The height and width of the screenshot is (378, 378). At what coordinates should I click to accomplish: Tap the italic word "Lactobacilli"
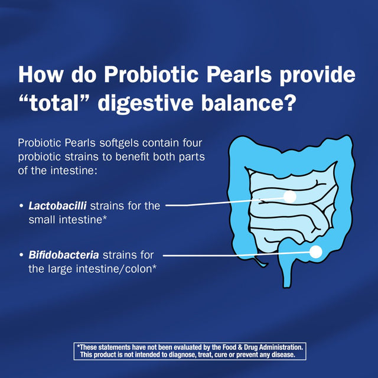coord(58,206)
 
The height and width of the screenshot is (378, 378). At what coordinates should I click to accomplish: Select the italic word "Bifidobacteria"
coord(64,255)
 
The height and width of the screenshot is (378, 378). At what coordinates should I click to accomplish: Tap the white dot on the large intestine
coord(315,252)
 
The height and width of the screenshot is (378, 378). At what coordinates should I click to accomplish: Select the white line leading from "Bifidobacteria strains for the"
coord(236,255)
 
